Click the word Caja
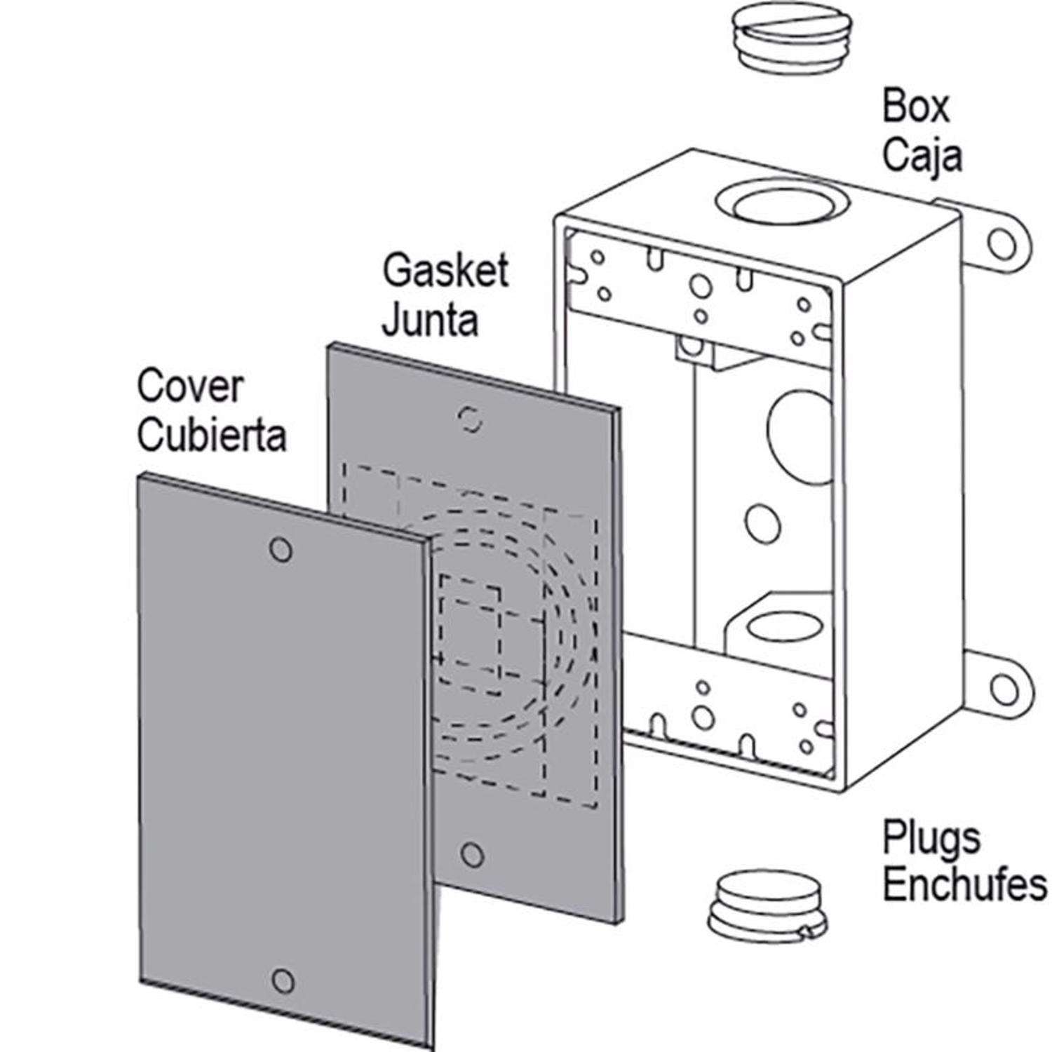coord(922,156)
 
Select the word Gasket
coord(445,270)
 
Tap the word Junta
coord(431,320)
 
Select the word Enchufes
coord(964,885)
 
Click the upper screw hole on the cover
coord(281,550)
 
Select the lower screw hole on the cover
coord(282,980)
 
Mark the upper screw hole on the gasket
coord(471,419)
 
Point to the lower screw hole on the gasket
coord(473,854)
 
